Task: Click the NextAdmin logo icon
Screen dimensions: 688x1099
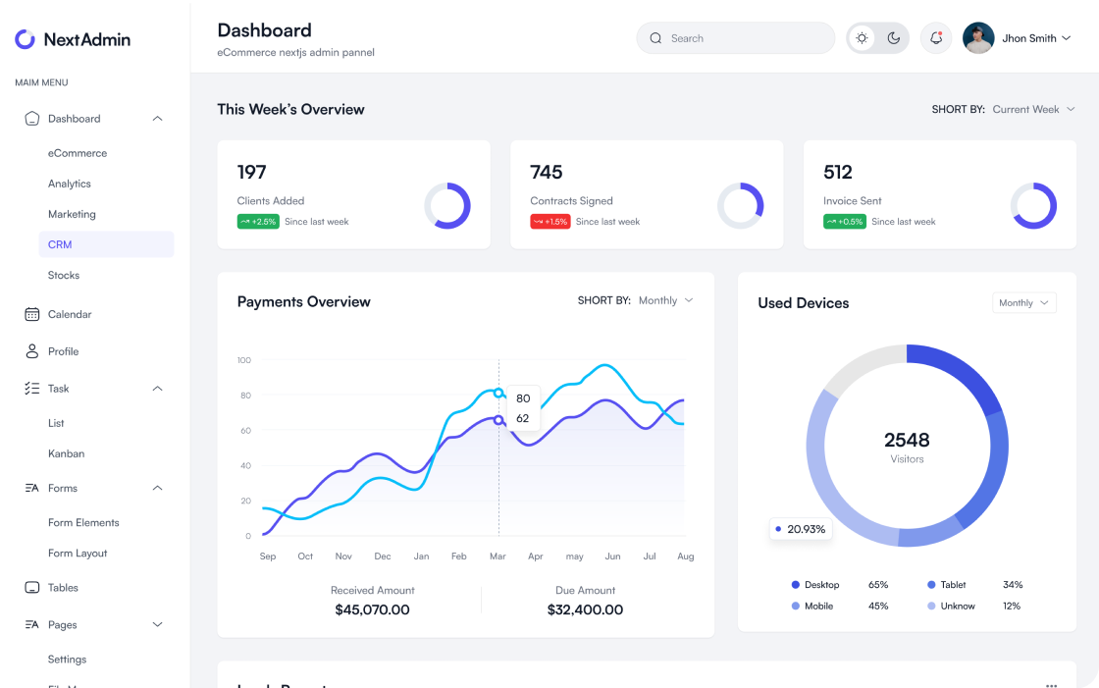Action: pyautogui.click(x=25, y=39)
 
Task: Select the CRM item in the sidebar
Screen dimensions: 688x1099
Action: pyautogui.click(x=60, y=244)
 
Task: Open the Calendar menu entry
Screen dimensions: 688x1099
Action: pyautogui.click(x=69, y=314)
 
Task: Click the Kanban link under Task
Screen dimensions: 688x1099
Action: pyautogui.click(x=66, y=453)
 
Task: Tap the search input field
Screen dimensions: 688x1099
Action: pyautogui.click(x=736, y=38)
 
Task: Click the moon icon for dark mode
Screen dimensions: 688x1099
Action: pyautogui.click(x=893, y=38)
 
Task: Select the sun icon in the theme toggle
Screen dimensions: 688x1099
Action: pyautogui.click(x=862, y=38)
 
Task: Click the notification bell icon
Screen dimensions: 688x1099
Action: pyautogui.click(x=936, y=38)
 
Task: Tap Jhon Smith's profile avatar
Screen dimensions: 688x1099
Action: pyautogui.click(x=978, y=38)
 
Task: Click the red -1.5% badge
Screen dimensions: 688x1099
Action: pyautogui.click(x=550, y=222)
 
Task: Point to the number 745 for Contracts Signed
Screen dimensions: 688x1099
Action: pyautogui.click(x=547, y=173)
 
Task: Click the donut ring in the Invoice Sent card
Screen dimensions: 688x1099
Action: pyautogui.click(x=1033, y=206)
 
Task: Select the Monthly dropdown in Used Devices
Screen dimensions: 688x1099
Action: pyautogui.click(x=1023, y=303)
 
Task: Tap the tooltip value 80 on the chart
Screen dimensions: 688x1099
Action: pyautogui.click(x=523, y=398)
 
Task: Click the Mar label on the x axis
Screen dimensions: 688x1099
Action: pyautogui.click(x=497, y=556)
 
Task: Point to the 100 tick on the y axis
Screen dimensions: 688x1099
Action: pyautogui.click(x=243, y=360)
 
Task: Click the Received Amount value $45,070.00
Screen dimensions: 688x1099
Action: pyautogui.click(x=372, y=609)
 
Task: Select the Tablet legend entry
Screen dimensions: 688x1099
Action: pyautogui.click(x=953, y=585)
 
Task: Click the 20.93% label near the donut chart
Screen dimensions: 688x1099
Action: pyautogui.click(x=801, y=529)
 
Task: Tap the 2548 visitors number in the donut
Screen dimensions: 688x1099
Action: pyautogui.click(x=907, y=440)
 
